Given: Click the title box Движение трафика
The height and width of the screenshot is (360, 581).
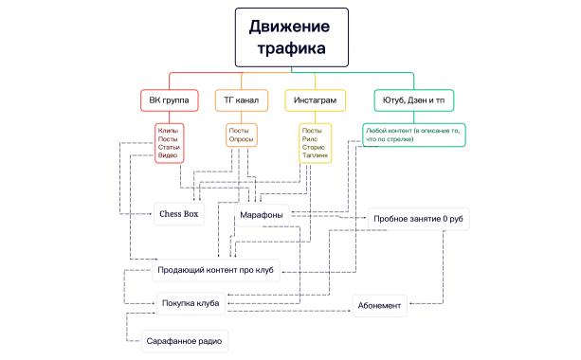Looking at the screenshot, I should tap(291, 36).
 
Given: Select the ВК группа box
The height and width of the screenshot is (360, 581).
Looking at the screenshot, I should tap(169, 99).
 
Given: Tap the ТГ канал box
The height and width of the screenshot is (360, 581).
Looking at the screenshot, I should tap(243, 99).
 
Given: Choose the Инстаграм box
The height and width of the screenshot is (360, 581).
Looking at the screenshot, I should tap(313, 99).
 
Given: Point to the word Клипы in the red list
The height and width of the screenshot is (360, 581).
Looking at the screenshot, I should tap(168, 130).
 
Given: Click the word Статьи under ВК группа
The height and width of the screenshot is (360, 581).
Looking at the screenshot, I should tap(169, 146).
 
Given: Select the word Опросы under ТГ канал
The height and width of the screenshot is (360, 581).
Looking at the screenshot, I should tap(241, 138).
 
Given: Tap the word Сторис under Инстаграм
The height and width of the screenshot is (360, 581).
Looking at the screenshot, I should tap(313, 146).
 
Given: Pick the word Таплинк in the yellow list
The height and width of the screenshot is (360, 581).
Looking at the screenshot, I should tap(315, 154).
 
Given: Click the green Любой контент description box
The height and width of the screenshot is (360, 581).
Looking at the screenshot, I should tap(413, 135).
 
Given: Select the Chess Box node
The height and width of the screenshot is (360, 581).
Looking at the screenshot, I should tap(179, 214).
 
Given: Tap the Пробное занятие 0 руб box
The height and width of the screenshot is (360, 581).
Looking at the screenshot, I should tap(418, 219).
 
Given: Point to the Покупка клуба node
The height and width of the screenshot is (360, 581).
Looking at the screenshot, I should tap(191, 304).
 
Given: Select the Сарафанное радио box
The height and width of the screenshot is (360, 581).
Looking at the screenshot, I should tap(186, 339).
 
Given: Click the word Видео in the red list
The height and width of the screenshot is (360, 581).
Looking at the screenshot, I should tap(168, 154).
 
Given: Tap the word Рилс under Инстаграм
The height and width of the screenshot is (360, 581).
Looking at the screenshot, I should tap(310, 138).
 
